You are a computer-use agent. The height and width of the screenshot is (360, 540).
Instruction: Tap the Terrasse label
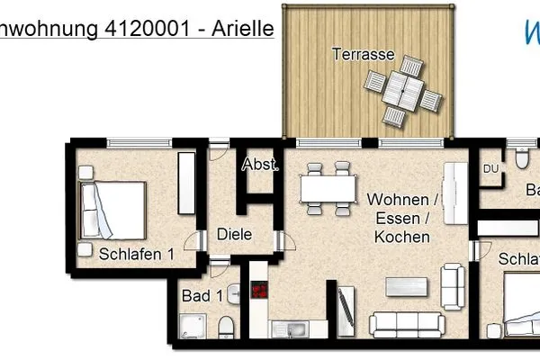(x=363, y=54)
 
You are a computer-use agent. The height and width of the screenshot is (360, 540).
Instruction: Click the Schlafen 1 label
(x=136, y=254)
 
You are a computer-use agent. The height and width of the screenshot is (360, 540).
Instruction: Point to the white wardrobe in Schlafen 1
(x=186, y=183)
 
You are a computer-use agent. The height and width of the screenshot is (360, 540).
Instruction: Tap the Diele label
(x=234, y=235)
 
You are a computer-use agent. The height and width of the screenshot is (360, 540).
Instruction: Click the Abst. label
(x=261, y=166)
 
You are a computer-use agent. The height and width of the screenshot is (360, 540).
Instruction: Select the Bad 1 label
(x=202, y=295)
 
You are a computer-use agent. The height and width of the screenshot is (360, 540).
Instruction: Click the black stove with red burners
(x=262, y=291)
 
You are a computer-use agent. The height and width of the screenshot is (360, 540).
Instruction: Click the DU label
(x=490, y=167)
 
